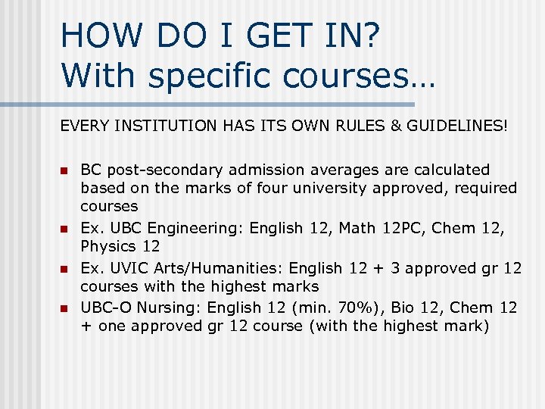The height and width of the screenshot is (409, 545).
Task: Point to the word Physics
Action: tap(108, 246)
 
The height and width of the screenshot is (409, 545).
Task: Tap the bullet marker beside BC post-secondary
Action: tap(64, 170)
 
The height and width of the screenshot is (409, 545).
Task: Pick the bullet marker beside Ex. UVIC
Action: tap(64, 269)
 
